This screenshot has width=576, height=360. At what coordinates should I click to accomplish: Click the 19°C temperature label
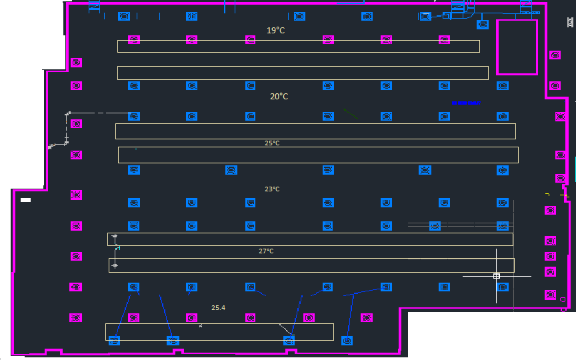tap(276, 30)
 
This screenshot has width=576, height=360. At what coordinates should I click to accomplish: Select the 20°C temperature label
tap(279, 97)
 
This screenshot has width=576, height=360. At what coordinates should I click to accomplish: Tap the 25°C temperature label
tap(272, 143)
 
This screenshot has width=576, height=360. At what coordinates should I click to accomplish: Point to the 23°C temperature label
tap(272, 189)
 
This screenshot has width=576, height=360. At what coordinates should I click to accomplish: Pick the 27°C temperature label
tap(266, 251)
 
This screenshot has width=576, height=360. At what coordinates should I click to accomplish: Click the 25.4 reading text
tap(218, 307)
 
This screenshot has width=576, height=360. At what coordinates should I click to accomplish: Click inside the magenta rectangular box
tap(517, 46)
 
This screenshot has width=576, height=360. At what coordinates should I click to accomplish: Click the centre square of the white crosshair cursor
tap(497, 275)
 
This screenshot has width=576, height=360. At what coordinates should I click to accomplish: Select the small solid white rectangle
tap(26, 200)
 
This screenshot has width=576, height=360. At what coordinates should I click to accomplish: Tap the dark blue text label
tap(465, 103)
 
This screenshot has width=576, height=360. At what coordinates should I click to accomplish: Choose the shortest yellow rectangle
tap(219, 331)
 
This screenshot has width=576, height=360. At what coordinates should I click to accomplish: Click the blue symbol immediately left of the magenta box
tap(483, 25)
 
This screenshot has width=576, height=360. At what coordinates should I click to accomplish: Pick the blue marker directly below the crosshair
tap(503, 287)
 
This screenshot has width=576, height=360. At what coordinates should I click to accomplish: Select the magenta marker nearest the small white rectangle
tap(77, 195)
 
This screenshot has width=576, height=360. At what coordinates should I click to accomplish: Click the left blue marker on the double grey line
tap(435, 226)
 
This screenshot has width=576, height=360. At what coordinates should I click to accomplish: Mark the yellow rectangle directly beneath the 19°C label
tap(298, 46)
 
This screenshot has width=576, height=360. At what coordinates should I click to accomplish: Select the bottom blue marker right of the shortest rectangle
tap(347, 341)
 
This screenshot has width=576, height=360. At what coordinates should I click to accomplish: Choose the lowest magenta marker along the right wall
tap(550, 294)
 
